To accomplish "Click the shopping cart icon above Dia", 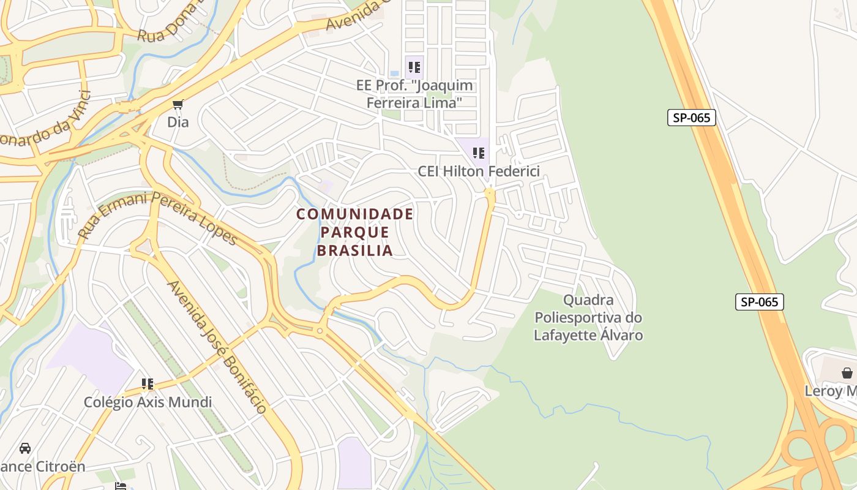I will click(x=178, y=105).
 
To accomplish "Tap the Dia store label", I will click(x=178, y=122).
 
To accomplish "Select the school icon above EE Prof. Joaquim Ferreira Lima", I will click(x=414, y=67).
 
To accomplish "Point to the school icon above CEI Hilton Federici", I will click(x=479, y=153).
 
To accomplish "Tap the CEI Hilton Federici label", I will click(x=479, y=171).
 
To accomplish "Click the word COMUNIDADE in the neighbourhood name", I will click(x=355, y=214).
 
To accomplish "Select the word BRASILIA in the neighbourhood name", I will click(x=355, y=251).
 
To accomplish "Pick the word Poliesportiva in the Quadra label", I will click(x=588, y=317).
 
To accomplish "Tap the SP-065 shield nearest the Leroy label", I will click(x=759, y=301).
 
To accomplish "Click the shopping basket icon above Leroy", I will click(x=847, y=372).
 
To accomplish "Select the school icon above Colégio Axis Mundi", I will click(x=148, y=384).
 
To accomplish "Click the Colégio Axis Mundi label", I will click(x=148, y=402).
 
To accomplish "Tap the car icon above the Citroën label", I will click(x=25, y=448).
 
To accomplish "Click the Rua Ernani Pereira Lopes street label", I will click(x=157, y=218).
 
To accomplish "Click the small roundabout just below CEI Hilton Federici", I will click(x=489, y=194).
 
